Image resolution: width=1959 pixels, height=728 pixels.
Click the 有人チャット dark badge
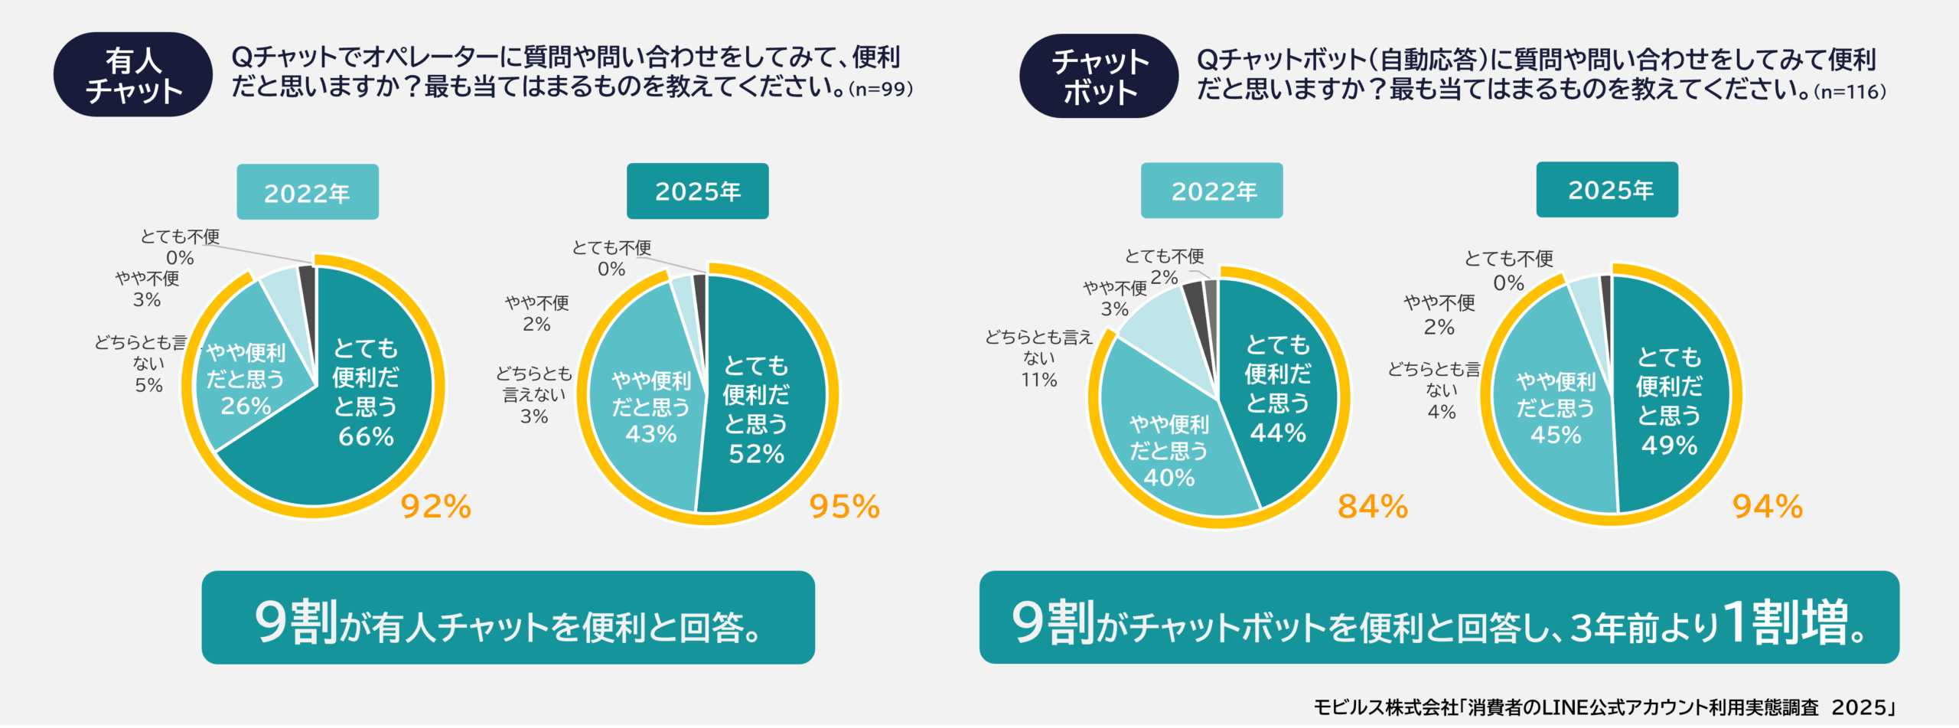132,74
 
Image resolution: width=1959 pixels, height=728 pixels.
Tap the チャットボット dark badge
1099,76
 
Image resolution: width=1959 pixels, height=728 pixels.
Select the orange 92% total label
435,507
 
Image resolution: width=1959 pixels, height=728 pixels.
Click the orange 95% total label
844,507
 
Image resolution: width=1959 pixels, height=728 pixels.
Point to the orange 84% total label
1372,507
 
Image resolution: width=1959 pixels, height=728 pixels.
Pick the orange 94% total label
1767,507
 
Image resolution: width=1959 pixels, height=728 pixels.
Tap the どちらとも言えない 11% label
1038,358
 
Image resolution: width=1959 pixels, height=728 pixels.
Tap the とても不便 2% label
1164,266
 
